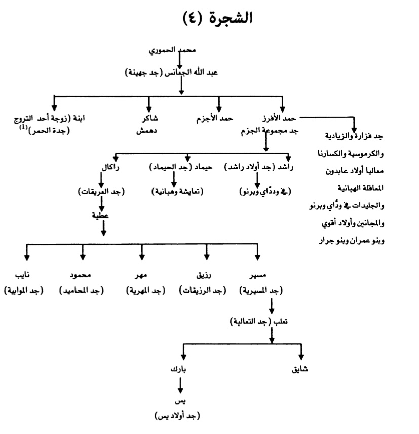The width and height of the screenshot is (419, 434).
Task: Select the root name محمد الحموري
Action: pos(180,51)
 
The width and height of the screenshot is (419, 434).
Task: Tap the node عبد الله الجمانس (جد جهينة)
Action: pos(180,73)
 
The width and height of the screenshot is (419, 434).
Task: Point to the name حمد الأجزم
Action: pos(214,119)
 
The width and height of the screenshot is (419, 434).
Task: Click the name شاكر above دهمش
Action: pos(148,119)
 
